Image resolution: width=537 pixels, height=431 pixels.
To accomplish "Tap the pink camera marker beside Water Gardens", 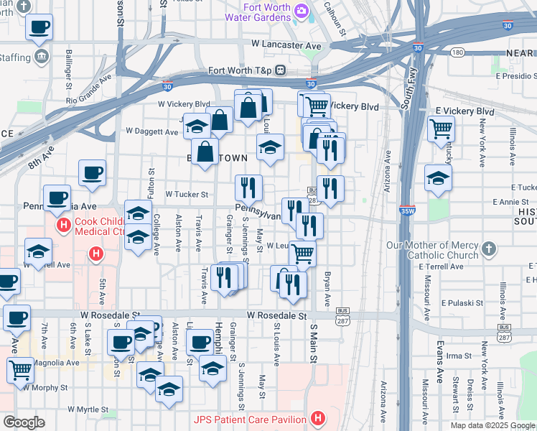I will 302,10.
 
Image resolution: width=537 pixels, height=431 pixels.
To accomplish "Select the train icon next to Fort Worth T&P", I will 281,70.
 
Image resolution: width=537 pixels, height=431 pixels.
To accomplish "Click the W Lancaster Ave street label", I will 286,45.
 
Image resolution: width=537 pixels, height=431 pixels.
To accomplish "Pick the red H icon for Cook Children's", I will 63,226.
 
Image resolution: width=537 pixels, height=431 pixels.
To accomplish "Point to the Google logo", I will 24,422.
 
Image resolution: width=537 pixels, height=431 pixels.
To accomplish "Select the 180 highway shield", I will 457,52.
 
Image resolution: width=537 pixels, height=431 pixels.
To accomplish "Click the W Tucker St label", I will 187,194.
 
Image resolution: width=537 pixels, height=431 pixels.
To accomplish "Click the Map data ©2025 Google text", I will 492,425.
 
